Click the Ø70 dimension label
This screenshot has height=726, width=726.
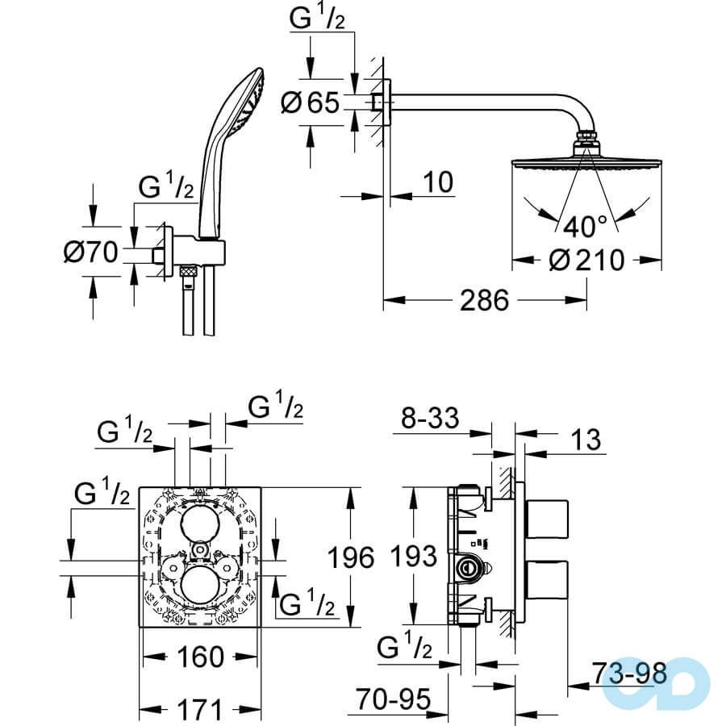click(90, 253)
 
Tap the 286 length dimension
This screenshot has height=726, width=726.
click(485, 301)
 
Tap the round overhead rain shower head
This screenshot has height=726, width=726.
click(586, 165)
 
